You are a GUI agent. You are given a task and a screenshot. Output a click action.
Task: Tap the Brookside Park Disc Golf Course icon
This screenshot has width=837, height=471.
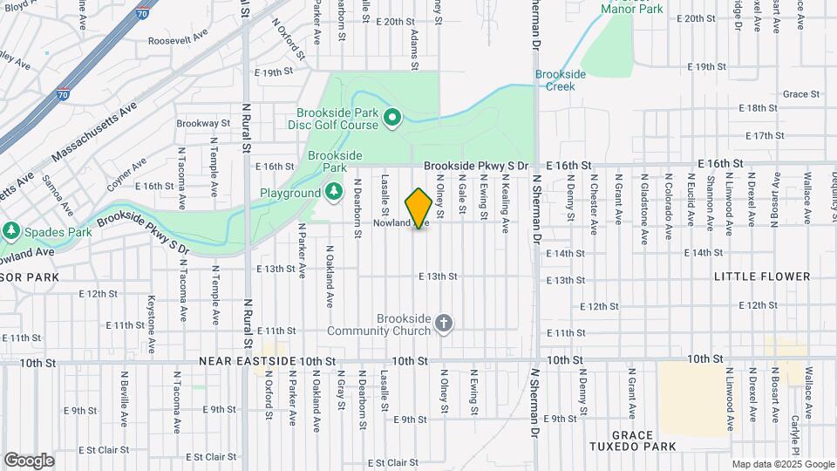392,117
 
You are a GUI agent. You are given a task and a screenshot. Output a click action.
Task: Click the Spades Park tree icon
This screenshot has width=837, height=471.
10,231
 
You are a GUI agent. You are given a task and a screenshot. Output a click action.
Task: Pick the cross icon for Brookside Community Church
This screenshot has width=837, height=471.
444,324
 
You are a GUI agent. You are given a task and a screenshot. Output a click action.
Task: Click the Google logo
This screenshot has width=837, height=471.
29,460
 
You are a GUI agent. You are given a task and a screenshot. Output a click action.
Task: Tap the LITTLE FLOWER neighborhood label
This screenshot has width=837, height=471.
762,276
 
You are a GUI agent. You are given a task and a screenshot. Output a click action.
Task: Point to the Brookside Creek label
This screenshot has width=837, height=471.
560,80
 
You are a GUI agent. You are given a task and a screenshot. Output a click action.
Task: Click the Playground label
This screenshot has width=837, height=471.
290,193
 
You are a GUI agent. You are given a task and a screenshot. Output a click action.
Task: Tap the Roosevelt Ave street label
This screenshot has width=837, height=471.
178,40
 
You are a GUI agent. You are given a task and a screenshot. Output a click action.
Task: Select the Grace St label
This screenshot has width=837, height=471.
796,94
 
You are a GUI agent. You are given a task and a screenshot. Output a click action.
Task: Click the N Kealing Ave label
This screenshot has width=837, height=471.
505,203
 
